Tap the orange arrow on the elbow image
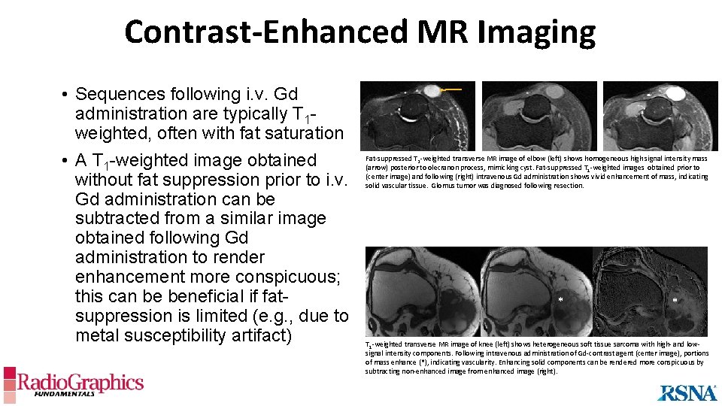(x=451, y=89)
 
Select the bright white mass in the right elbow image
(x=675, y=92)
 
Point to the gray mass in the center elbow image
(x=554, y=92)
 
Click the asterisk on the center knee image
(x=560, y=300)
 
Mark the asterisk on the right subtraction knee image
(x=675, y=300)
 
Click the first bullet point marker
(x=66, y=95)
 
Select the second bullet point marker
(x=66, y=161)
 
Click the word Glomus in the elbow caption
(x=444, y=186)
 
